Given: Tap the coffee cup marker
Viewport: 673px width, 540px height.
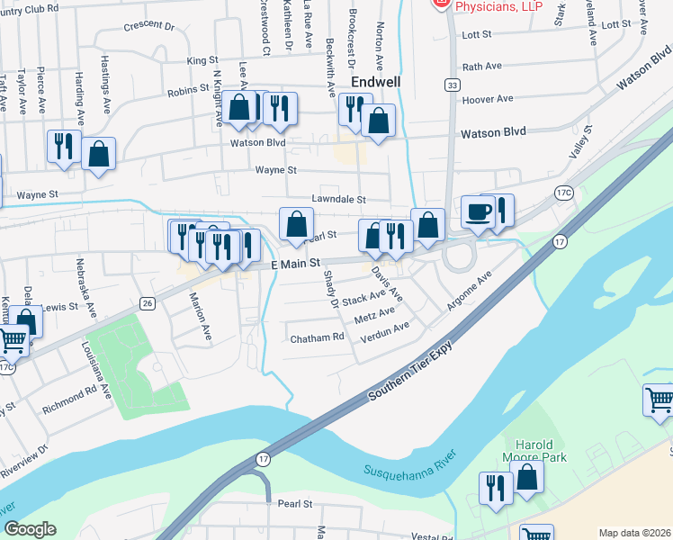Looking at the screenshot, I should tap(477, 213).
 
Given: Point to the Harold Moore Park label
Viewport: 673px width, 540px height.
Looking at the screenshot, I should tap(541, 451).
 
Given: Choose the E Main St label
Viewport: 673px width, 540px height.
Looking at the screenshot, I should tap(297, 264).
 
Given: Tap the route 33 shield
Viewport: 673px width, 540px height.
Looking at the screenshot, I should tap(451, 84).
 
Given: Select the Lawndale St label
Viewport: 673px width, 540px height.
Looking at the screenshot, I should tap(338, 199).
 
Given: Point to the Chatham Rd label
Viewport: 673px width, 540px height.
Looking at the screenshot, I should tap(318, 338).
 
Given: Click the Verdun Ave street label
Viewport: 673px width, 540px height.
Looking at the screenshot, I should tap(384, 331).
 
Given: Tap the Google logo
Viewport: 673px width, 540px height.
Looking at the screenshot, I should tap(30, 529).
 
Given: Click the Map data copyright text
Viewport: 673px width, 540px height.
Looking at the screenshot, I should tap(634, 533).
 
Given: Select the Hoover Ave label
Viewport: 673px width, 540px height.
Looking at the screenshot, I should tap(487, 99).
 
